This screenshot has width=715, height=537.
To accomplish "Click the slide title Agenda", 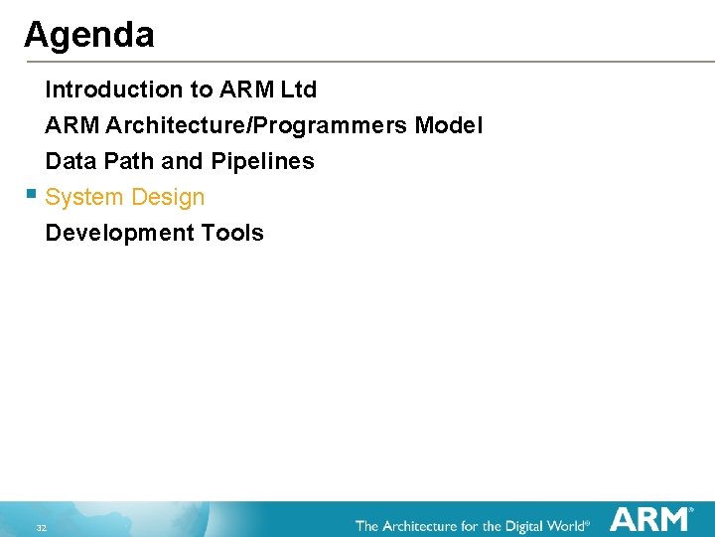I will [88, 36].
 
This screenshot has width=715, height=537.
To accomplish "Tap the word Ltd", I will [298, 89].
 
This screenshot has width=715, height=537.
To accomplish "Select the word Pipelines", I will [262, 161].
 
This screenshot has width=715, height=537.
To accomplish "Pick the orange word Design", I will [167, 198].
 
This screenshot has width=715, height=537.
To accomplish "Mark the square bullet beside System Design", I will [32, 194].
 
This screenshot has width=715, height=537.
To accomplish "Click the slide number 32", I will [41, 526].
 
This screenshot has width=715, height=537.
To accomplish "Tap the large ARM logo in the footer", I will [649, 519].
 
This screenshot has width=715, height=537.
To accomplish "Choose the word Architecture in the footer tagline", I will [424, 524].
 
